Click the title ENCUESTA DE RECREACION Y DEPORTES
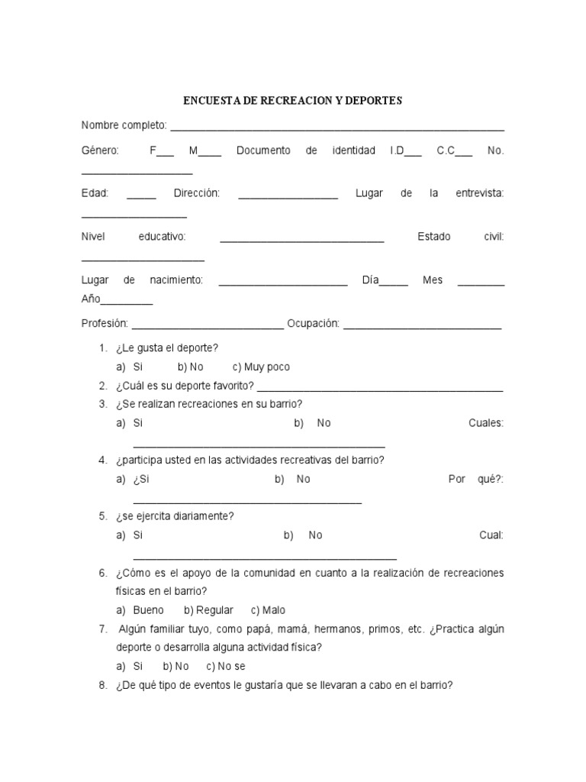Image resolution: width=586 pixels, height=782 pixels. pyautogui.click(x=293, y=101)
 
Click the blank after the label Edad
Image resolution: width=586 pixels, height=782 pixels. pyautogui.click(x=141, y=197)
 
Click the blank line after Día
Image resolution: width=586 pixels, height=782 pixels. pyautogui.click(x=394, y=283)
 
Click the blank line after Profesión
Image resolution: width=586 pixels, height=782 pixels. pyautogui.click(x=208, y=327)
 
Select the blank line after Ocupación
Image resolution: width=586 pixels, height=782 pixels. pyautogui.click(x=423, y=327)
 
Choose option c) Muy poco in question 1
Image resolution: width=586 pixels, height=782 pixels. pyautogui.click(x=261, y=367)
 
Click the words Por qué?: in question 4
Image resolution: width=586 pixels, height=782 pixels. pyautogui.click(x=476, y=479)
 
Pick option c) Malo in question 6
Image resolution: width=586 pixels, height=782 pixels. pyautogui.click(x=268, y=610)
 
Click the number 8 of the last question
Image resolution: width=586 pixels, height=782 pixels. pyautogui.click(x=102, y=685)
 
